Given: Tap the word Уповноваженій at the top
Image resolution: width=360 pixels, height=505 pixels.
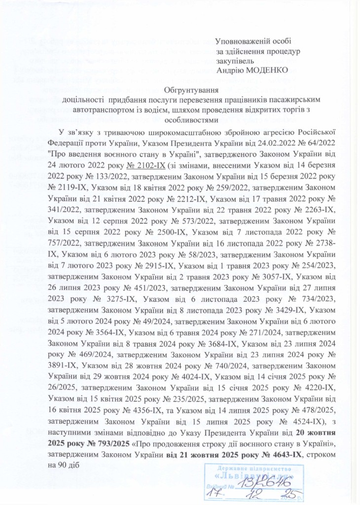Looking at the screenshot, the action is coord(242,42).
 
